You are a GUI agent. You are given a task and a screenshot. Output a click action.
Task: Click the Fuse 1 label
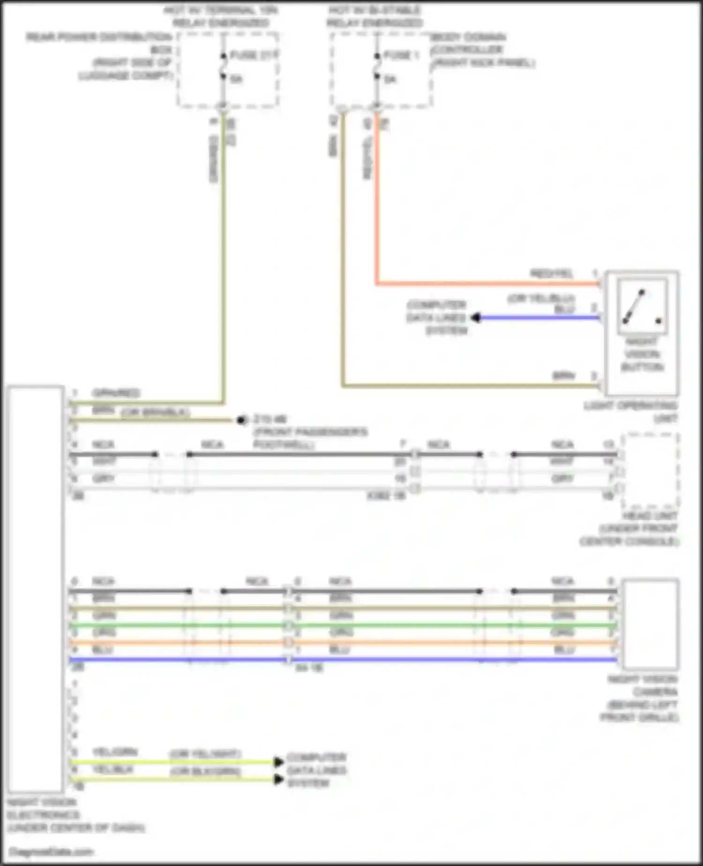point(401,55)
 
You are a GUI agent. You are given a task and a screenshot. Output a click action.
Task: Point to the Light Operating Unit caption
point(631,411)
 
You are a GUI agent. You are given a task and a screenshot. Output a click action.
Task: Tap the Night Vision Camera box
point(650,624)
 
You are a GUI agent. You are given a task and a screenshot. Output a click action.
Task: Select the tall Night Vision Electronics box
point(36,589)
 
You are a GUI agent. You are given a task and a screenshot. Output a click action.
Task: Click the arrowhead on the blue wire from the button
point(476,318)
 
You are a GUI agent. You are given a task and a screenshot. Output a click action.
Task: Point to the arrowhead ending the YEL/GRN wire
point(279,761)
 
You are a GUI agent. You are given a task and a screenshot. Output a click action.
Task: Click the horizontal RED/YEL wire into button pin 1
point(487,283)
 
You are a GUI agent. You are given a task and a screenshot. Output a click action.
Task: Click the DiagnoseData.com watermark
point(52,851)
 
